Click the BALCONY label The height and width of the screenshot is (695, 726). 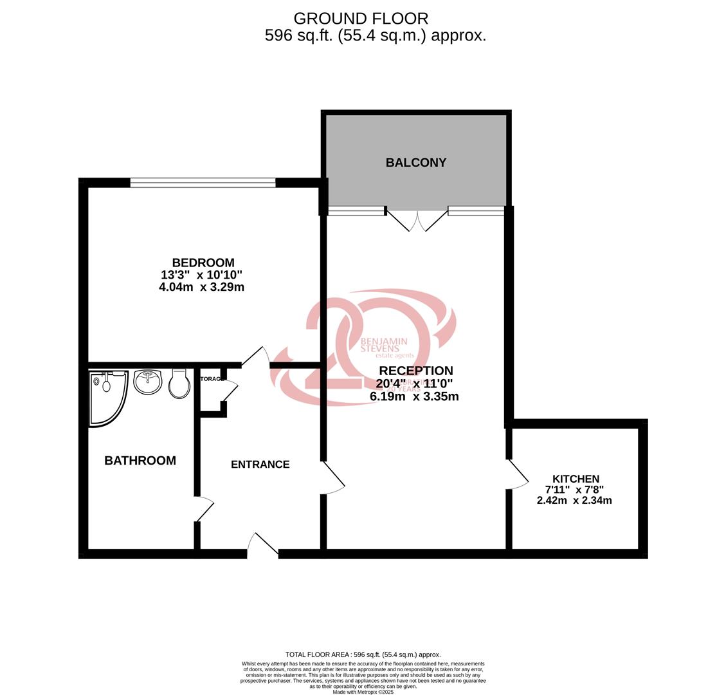(416, 163)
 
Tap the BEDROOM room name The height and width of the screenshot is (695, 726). (203, 263)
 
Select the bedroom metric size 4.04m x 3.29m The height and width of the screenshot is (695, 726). (201, 287)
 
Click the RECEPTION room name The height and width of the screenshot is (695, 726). (415, 371)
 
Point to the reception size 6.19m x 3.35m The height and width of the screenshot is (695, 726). (414, 396)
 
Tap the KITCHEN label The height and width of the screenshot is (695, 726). (576, 479)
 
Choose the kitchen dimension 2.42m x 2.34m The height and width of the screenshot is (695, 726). (574, 500)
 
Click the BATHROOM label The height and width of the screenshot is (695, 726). (140, 461)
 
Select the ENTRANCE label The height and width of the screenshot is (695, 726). (260, 465)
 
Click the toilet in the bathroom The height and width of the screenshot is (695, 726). (179, 384)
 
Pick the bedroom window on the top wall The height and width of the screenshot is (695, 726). (203, 183)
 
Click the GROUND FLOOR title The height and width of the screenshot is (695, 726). (361, 19)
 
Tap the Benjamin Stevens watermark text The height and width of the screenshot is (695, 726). (384, 347)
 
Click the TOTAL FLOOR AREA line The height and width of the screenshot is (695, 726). (363, 654)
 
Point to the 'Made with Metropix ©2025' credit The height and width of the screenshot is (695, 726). (363, 692)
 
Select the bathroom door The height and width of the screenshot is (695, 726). (204, 508)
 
